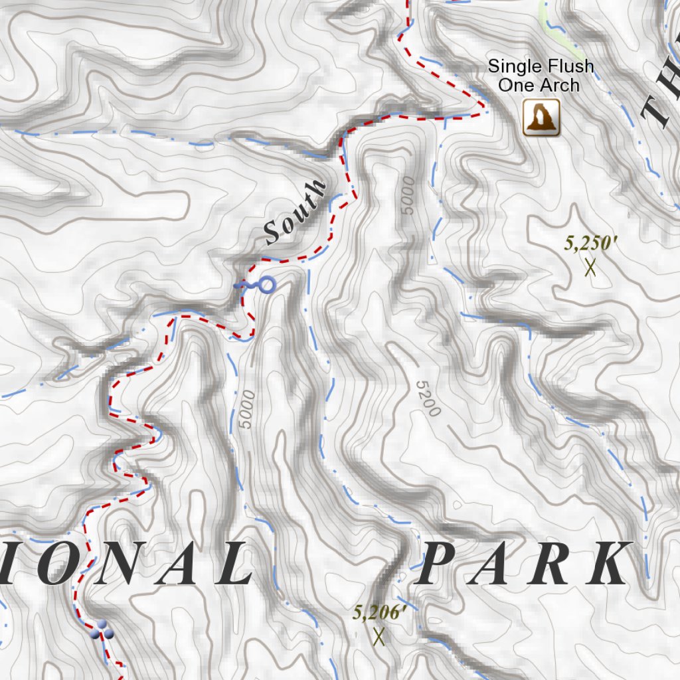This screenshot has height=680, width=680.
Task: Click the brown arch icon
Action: coord(541,118)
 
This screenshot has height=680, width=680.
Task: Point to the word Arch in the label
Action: coord(558,85)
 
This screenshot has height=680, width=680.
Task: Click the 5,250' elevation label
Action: coord(590,244)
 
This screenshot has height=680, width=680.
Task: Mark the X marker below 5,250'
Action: coord(590,268)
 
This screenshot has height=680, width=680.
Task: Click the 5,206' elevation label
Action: coord(379,612)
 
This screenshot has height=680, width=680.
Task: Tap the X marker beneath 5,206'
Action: coord(379,637)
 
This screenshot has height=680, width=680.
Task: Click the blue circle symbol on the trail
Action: coord(266,286)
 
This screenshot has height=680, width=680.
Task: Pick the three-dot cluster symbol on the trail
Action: coord(102,630)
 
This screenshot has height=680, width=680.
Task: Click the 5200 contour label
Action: coord(428,398)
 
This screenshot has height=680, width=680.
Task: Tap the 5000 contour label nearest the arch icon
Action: coord(407,195)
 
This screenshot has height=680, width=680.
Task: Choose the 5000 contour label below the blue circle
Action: coord(246,410)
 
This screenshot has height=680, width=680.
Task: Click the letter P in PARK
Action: coord(440,564)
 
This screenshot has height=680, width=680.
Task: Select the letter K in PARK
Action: coord(608,564)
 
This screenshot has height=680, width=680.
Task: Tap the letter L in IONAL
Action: coord(232,564)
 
